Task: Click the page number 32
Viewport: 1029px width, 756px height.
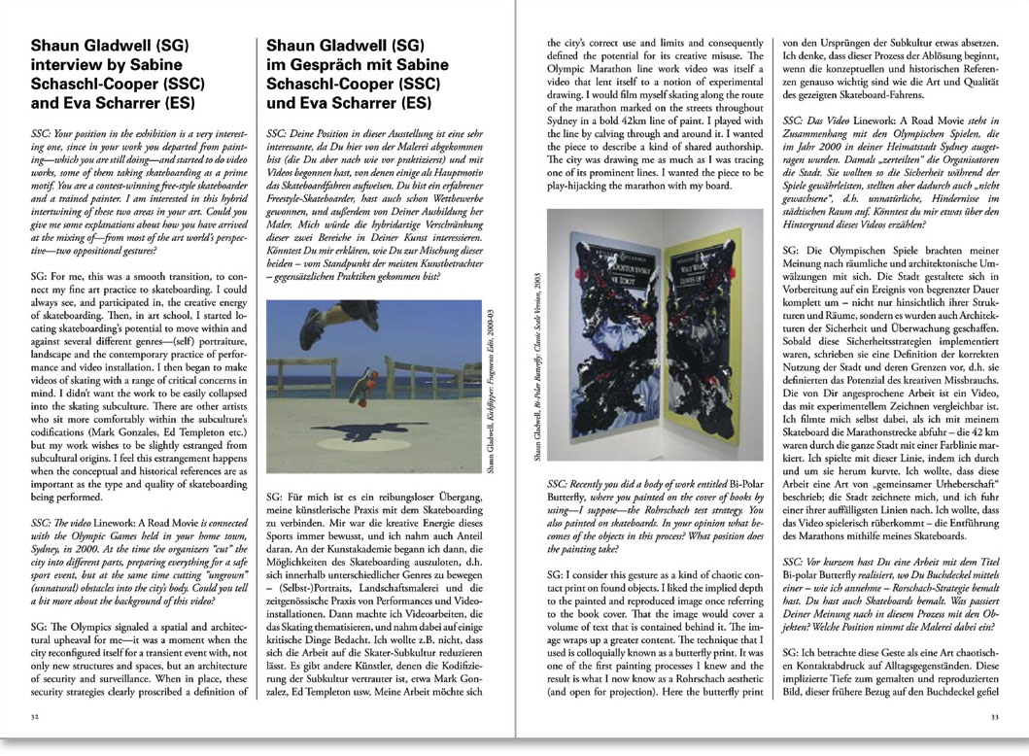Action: (x=35, y=718)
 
